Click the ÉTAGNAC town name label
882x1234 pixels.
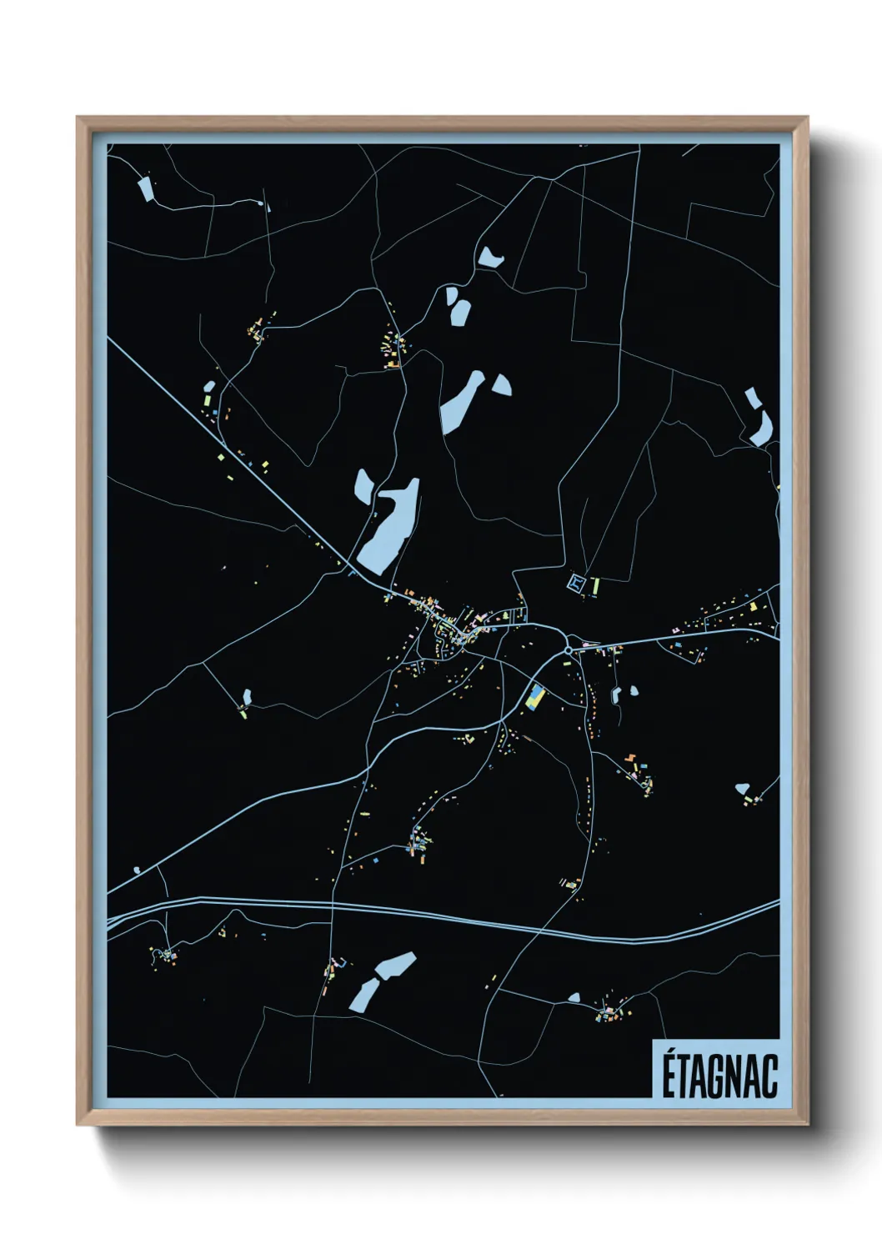(x=719, y=1076)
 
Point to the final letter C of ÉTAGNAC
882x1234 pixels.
(x=769, y=1076)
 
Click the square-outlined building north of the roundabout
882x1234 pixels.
(x=576, y=583)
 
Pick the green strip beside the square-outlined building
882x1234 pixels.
(x=595, y=585)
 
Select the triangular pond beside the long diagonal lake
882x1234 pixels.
(x=502, y=384)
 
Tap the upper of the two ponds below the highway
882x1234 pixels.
(x=395, y=966)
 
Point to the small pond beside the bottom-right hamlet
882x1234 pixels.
(x=574, y=997)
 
